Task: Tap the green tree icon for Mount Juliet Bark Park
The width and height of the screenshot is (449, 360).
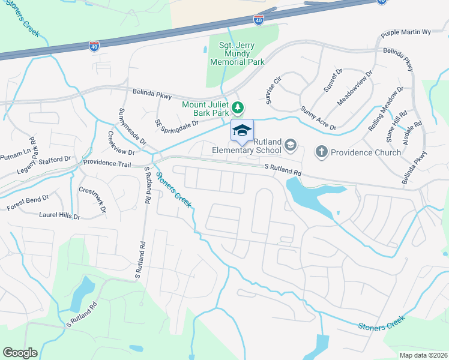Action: click(x=239, y=107)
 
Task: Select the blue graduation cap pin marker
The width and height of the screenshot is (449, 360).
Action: click(x=242, y=130)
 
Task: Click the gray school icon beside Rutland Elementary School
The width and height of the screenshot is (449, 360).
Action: click(x=291, y=145)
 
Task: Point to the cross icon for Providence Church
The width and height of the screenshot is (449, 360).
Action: click(x=322, y=152)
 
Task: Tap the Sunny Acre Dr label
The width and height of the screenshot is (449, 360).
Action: click(x=318, y=119)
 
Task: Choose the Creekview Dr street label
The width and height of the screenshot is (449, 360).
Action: click(x=119, y=143)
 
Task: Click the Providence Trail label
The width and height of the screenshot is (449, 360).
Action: click(x=107, y=163)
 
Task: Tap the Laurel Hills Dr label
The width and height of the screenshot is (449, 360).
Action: click(x=59, y=215)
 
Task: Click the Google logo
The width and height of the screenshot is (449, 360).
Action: click(x=20, y=353)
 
